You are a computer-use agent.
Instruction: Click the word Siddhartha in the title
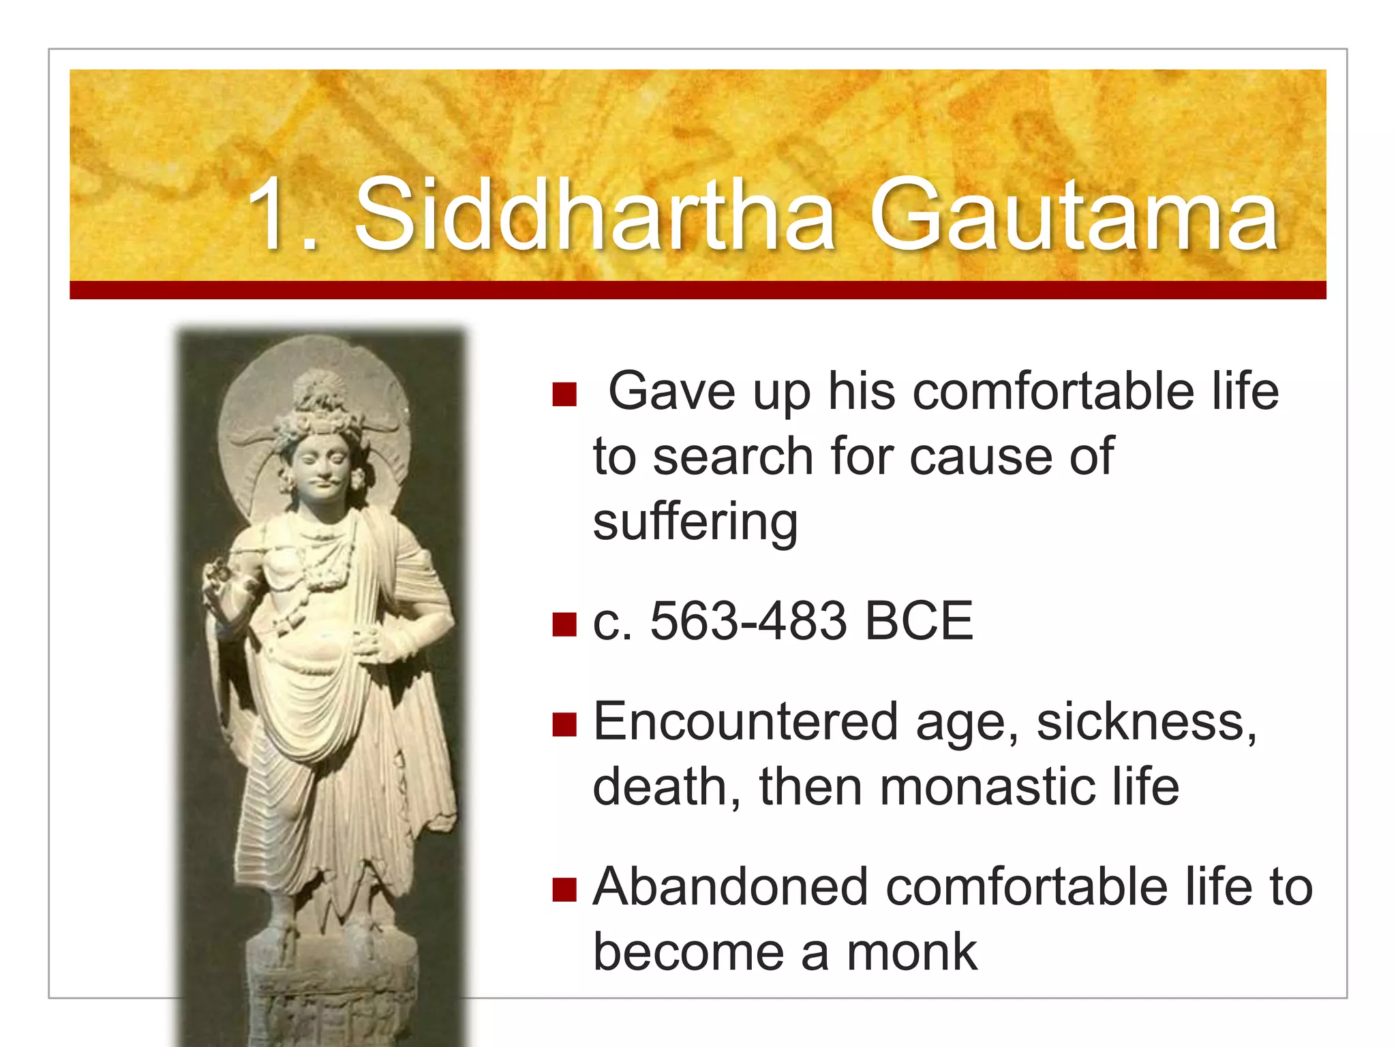click(594, 215)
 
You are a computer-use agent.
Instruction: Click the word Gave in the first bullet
click(671, 392)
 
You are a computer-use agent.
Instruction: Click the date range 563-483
click(748, 621)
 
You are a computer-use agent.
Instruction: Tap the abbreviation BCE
click(918, 621)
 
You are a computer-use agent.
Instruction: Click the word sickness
click(1145, 721)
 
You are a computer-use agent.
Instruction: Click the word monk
click(911, 952)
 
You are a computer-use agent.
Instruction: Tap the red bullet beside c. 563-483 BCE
click(564, 624)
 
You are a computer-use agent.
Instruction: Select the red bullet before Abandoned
click(564, 890)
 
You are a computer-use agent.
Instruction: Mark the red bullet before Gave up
click(564, 394)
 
